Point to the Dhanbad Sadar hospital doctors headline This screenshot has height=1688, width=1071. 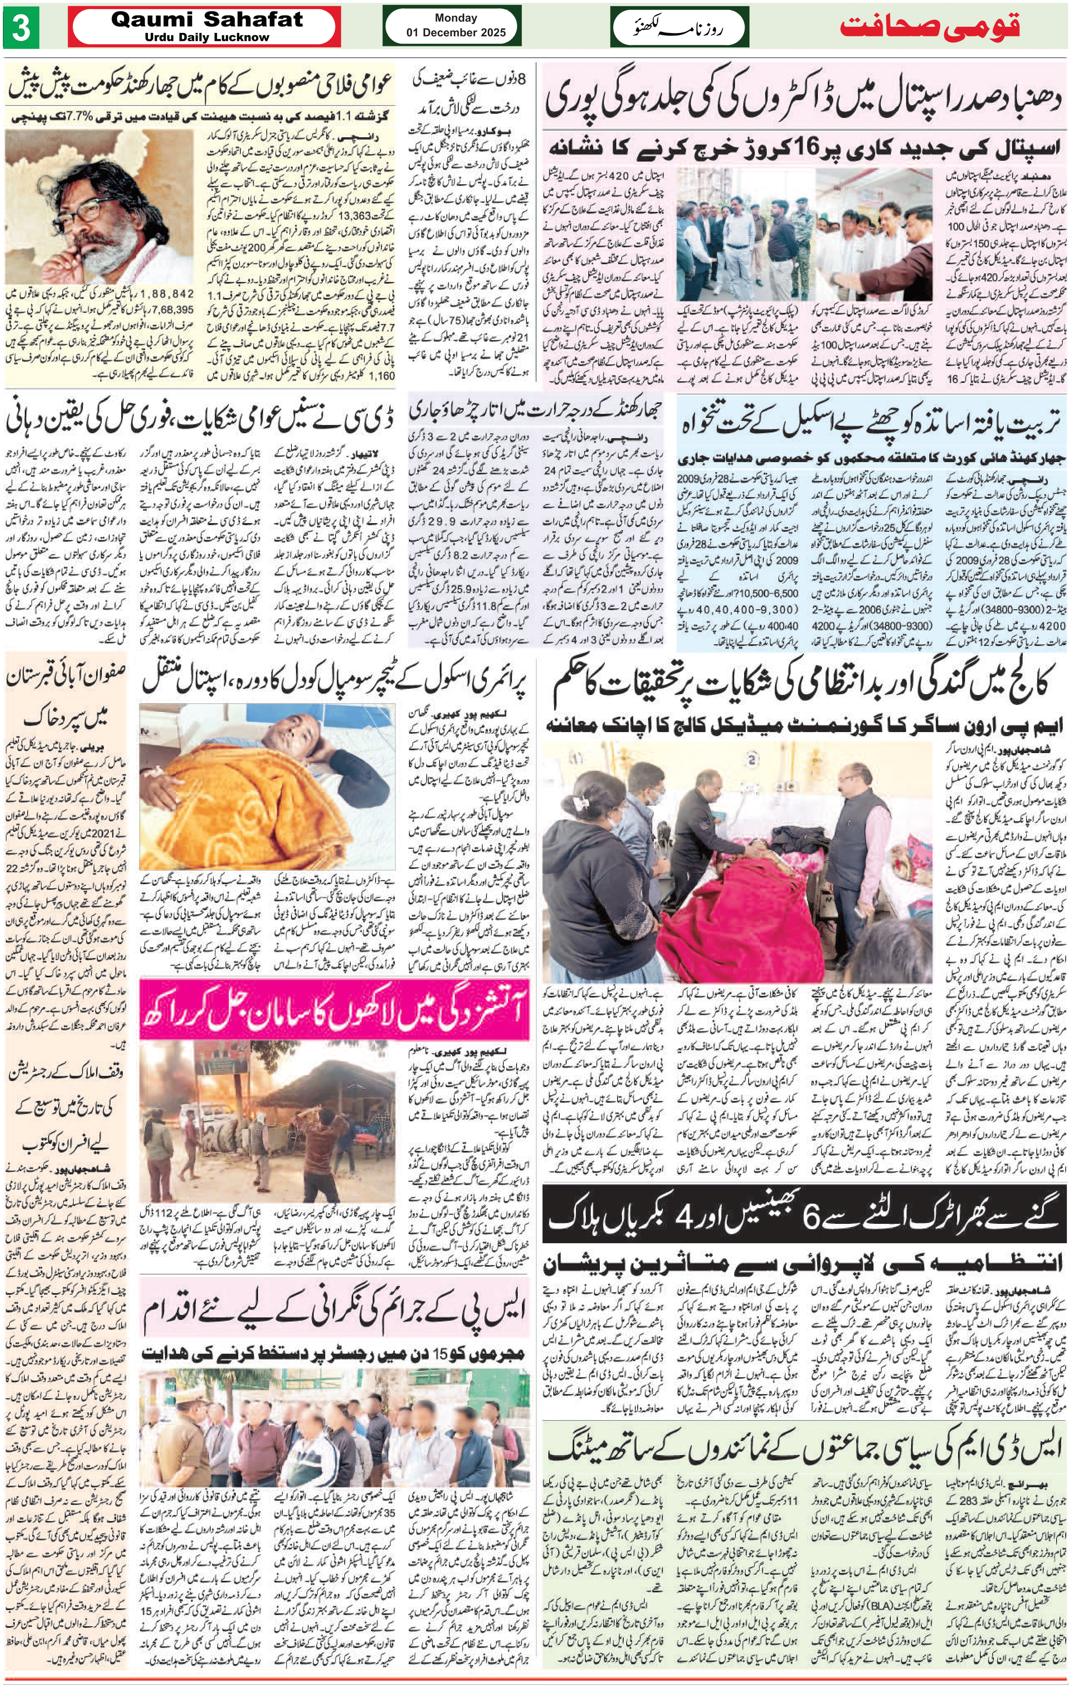pyautogui.click(x=803, y=98)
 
